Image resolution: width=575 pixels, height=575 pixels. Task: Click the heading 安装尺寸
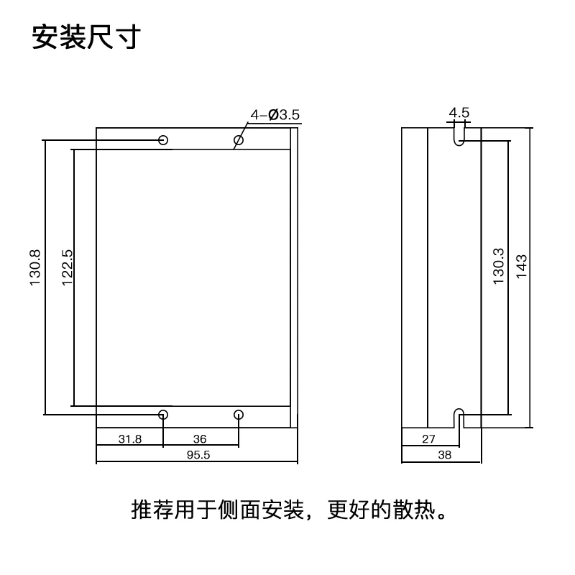pos(85,37)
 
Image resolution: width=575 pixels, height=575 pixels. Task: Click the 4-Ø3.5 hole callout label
pos(275,114)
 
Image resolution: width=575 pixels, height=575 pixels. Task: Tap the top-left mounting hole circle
pos(164,139)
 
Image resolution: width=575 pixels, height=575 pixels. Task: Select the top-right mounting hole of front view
pos(239,139)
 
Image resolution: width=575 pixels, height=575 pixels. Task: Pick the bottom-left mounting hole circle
pos(164,414)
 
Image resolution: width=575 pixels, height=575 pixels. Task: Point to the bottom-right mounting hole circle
pos(239,414)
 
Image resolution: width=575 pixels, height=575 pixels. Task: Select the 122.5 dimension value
pos(68,268)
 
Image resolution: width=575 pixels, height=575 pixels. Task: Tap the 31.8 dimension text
pos(130,438)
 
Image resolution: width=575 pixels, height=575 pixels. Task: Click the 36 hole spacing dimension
pos(201,438)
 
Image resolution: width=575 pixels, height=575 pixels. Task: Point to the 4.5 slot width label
pos(459,113)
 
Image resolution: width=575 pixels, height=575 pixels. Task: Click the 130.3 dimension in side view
pos(498,267)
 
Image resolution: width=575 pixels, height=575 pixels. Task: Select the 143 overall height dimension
pos(523,267)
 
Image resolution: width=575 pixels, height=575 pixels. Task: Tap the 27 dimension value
pos(428,438)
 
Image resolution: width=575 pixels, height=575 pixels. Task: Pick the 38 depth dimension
pos(444,455)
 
